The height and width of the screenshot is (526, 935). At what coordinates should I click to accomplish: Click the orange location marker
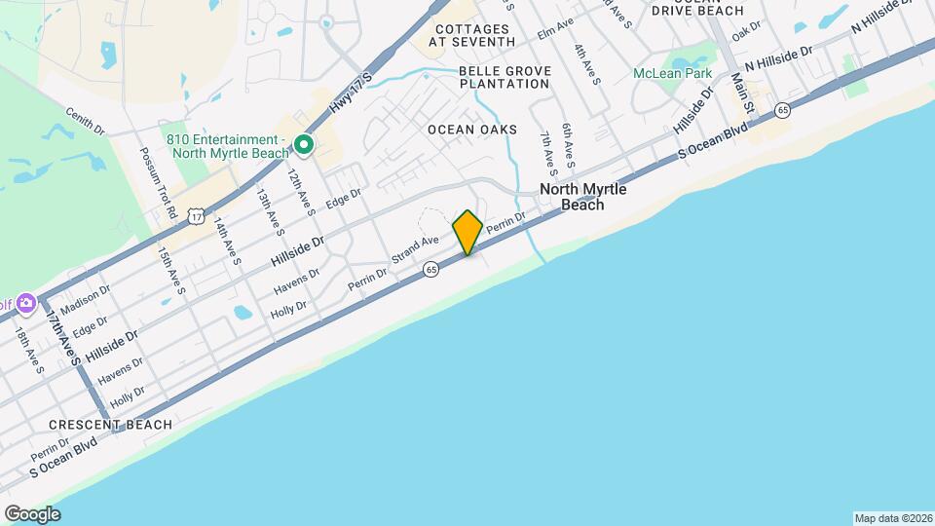pyautogui.click(x=467, y=232)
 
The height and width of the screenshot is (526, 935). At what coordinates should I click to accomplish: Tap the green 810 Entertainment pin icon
pyautogui.click(x=303, y=146)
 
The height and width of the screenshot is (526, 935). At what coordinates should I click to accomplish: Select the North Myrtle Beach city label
pyautogui.click(x=583, y=197)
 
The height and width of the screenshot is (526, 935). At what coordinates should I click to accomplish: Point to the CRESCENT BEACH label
pyautogui.click(x=110, y=425)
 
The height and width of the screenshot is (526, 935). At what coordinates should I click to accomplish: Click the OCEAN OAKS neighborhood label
pyautogui.click(x=471, y=130)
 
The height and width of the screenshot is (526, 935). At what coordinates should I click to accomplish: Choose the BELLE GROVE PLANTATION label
pyautogui.click(x=505, y=77)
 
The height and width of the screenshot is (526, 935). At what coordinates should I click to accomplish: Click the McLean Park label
pyautogui.click(x=672, y=73)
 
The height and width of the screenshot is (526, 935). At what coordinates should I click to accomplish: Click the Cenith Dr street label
pyautogui.click(x=86, y=120)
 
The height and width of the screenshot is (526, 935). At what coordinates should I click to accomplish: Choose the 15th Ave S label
pyautogui.click(x=171, y=270)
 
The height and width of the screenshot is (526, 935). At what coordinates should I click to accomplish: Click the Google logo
pyautogui.click(x=32, y=513)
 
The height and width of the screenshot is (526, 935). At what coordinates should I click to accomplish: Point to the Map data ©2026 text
pyautogui.click(x=891, y=518)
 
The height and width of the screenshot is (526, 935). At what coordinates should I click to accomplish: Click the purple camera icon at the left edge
pyautogui.click(x=25, y=303)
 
